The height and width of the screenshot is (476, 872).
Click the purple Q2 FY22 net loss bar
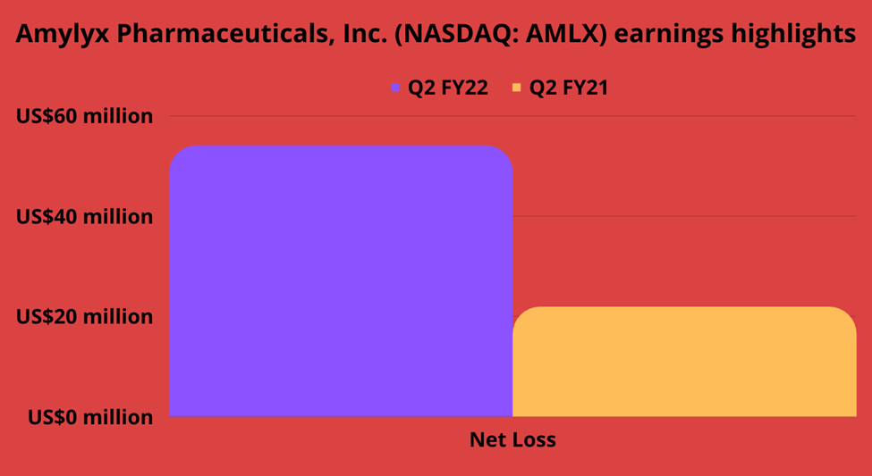(341, 281)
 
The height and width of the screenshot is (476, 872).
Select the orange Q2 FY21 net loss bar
(684, 362)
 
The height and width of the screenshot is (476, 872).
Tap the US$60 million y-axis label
(84, 117)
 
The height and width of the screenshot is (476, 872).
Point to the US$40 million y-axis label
(84, 217)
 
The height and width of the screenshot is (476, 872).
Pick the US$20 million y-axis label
(84, 317)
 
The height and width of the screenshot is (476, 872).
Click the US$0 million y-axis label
(90, 416)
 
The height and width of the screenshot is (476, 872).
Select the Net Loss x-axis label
(512, 440)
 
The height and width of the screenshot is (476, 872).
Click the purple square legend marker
(395, 88)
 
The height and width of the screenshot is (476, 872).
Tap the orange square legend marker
(517, 88)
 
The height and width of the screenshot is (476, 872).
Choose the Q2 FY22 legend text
(448, 88)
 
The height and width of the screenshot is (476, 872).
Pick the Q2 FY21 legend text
(568, 88)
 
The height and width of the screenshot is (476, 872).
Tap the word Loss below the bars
(536, 440)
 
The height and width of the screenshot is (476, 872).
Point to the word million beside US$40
(118, 217)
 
